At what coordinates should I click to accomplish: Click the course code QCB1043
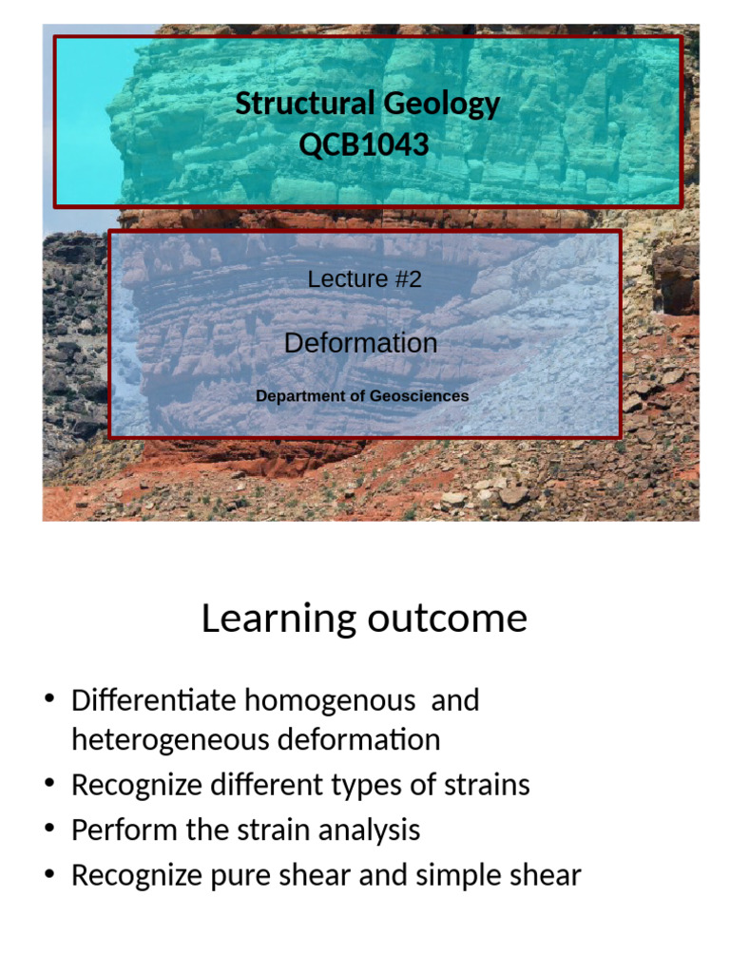click(x=365, y=145)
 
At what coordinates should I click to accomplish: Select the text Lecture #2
click(x=365, y=279)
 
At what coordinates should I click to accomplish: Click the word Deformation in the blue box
click(x=361, y=343)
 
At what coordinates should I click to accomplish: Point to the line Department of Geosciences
click(x=362, y=395)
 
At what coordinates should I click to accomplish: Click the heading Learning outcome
click(x=364, y=619)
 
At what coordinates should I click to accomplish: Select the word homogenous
click(x=330, y=701)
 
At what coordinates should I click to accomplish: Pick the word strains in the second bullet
click(x=484, y=785)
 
